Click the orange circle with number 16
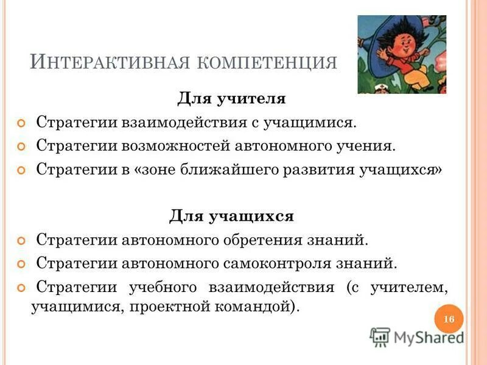point(449,320)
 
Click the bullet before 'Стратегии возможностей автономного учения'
point(23,147)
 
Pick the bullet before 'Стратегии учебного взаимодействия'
point(23,288)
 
